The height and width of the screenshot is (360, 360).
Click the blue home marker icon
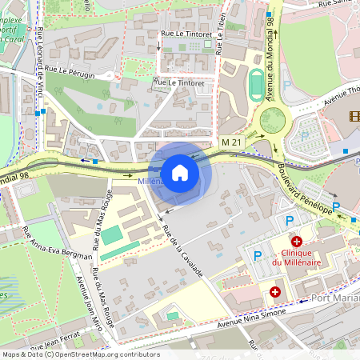coord(180,173)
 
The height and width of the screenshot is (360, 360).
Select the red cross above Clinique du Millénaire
coord(296,241)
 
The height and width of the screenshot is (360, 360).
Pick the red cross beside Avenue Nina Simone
coord(275,293)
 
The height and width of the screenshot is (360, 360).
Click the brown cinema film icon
coord(354,117)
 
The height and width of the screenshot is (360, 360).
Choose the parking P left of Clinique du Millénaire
coord(258,256)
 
